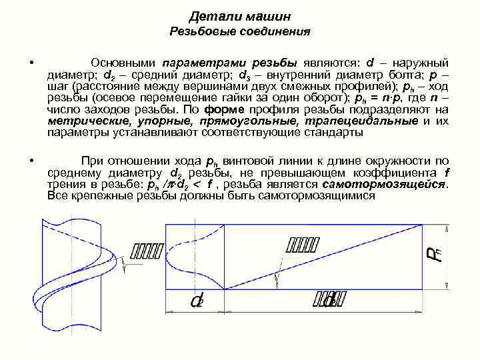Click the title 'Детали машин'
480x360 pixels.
tap(240, 15)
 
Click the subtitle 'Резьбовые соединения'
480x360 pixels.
tap(240, 31)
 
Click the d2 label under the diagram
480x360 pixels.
tap(197, 301)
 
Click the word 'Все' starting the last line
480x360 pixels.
tap(58, 196)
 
